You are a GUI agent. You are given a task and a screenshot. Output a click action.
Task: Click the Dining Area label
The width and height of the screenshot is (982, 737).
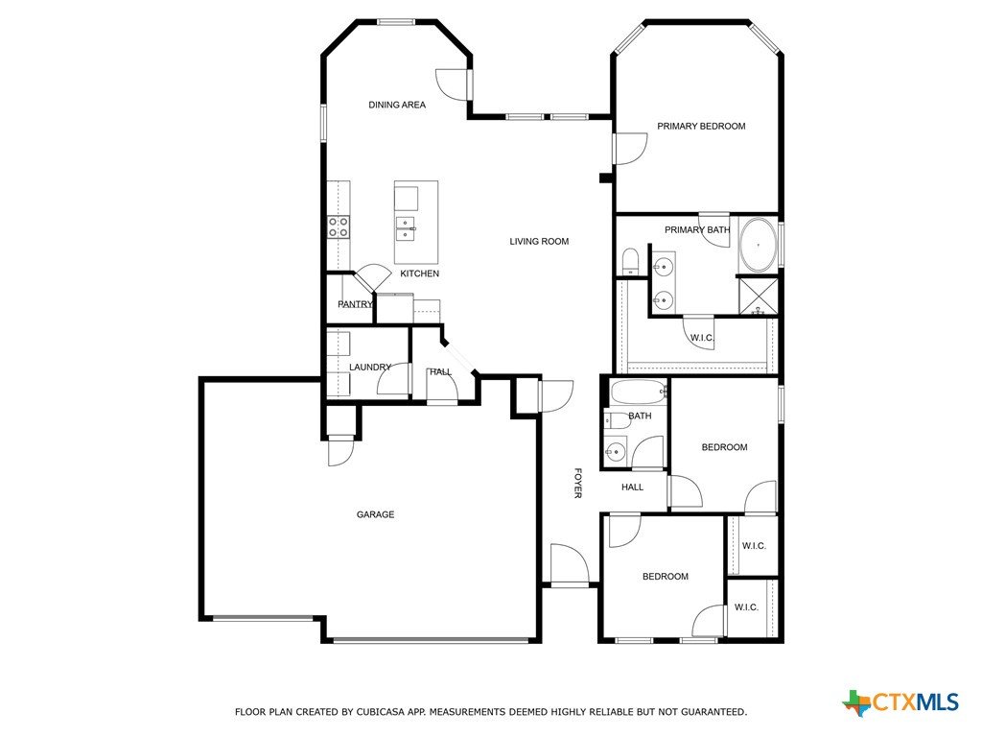click(396, 105)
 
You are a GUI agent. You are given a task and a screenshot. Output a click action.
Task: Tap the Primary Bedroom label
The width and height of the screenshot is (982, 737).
click(701, 126)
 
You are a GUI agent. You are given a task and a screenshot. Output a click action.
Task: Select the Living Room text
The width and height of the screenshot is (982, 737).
click(539, 241)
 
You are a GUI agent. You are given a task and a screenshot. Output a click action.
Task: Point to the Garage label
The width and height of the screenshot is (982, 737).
click(375, 514)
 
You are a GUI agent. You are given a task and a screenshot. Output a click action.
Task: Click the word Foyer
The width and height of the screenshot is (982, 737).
click(577, 483)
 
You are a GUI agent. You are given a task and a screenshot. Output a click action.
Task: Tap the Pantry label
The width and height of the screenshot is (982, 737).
click(355, 304)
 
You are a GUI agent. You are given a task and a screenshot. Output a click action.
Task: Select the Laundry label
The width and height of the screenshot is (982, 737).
click(369, 367)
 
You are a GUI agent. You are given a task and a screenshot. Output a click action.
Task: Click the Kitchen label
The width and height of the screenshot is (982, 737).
click(420, 273)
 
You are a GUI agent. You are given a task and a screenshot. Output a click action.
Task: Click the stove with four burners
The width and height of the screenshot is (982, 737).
click(339, 226)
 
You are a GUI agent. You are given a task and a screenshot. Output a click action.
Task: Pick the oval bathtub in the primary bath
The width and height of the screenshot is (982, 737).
click(759, 245)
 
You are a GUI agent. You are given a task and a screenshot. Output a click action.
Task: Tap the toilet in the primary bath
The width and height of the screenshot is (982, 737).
click(629, 261)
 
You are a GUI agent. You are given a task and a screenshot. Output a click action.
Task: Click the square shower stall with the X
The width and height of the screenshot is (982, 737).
click(759, 296)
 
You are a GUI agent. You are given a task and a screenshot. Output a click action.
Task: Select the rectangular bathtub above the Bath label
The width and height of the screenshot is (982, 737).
click(638, 392)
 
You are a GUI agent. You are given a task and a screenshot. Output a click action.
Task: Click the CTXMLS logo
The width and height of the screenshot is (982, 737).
click(900, 701)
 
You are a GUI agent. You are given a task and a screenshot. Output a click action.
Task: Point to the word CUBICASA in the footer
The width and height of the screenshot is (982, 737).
click(380, 712)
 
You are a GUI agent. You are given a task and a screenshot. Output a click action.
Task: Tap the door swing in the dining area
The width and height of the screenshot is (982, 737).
click(452, 83)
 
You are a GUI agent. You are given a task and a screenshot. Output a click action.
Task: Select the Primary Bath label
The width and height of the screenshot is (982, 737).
click(697, 230)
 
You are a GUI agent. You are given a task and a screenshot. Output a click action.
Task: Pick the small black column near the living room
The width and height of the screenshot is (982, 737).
click(606, 178)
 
